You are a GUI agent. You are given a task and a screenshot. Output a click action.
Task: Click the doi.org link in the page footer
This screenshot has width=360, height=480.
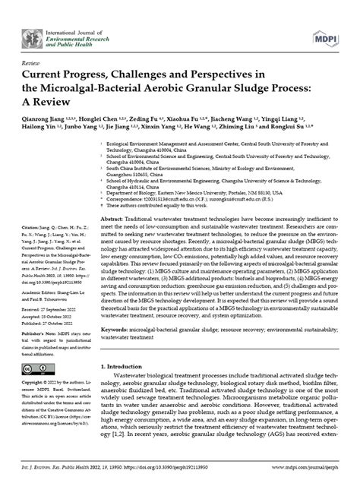pos(189,471)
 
